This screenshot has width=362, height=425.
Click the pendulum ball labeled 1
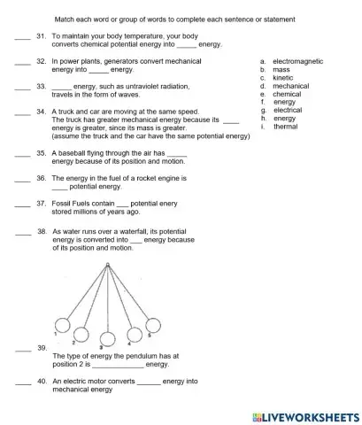63,324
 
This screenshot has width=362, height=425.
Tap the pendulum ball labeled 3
108,339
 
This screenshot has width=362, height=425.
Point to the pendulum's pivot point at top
107,265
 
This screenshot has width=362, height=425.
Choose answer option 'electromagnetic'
297,61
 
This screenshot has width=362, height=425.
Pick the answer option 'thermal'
285,126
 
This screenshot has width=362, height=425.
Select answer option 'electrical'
287,110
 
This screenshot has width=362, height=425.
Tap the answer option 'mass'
281,69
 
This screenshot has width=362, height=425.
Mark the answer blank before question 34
23,112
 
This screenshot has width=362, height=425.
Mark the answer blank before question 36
23,178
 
